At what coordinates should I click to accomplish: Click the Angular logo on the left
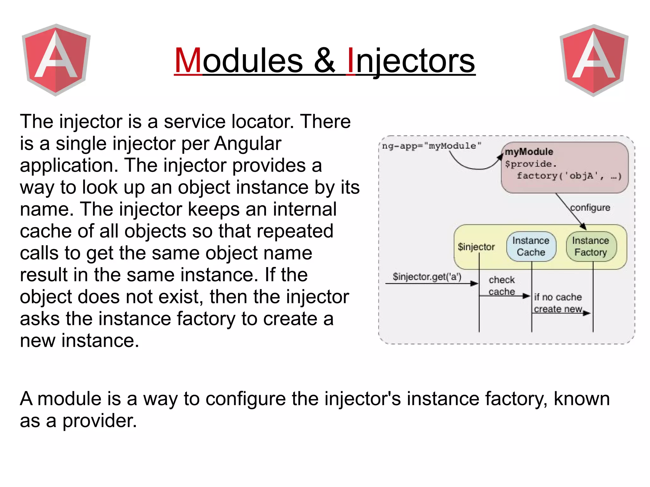pos(56,60)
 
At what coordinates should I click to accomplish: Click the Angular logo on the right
pos(594,60)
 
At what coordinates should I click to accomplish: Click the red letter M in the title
pos(188,60)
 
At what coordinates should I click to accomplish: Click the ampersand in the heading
pos(324,60)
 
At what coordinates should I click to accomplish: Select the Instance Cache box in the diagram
pos(531,247)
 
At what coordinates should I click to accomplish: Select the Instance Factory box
pos(591,247)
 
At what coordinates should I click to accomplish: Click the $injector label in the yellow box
pos(476,247)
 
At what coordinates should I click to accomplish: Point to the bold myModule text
pos(529,152)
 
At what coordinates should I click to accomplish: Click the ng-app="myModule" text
pos(431,146)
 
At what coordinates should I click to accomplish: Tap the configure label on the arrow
pos(590,208)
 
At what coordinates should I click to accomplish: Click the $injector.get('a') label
pos(427,277)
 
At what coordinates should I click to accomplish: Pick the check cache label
pos(501,286)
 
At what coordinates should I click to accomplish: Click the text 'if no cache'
pos(558,297)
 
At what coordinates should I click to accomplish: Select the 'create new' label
pos(558,309)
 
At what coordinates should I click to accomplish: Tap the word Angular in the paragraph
pos(248,144)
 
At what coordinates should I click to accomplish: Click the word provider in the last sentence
pos(99,421)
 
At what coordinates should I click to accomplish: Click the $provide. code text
pos(531,164)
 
